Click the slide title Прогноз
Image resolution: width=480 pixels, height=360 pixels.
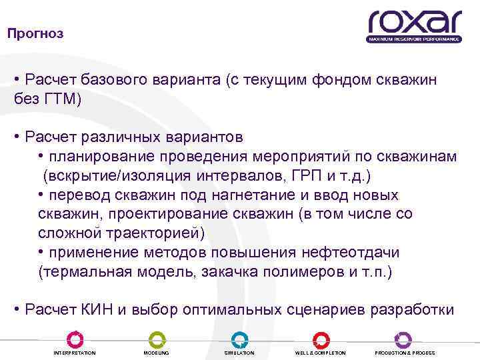pyautogui.click(x=35, y=33)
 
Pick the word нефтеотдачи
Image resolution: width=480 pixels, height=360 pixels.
pyautogui.click(x=371, y=253)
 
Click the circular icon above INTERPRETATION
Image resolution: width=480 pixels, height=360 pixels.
pyautogui.click(x=74, y=339)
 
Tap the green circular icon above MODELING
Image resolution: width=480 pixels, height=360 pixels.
pyautogui.click(x=157, y=339)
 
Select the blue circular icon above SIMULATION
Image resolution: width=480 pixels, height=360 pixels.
pyautogui.click(x=239, y=339)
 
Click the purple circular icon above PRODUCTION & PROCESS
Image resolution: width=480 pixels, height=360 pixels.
pyautogui.click(x=403, y=339)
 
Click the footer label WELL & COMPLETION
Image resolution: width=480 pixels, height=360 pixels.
pyautogui.click(x=320, y=353)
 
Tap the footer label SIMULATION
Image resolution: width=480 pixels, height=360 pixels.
pyautogui.click(x=239, y=353)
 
